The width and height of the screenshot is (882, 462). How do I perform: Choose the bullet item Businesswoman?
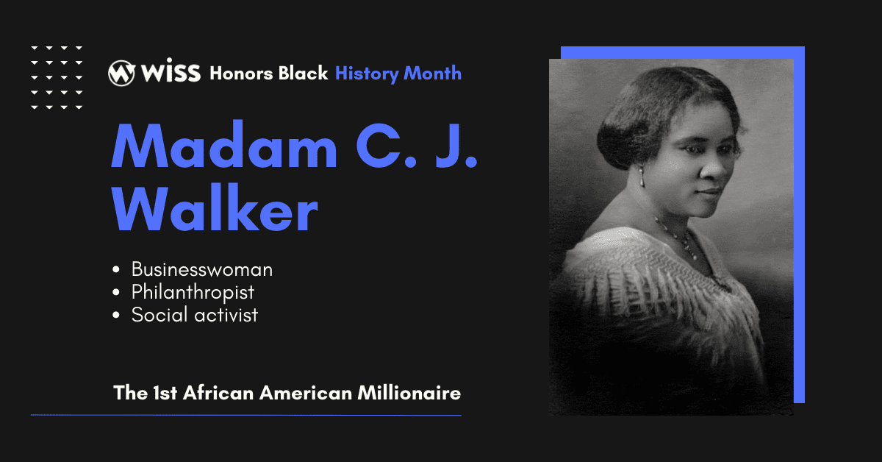202,270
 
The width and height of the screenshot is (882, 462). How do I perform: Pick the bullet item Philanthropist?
193,293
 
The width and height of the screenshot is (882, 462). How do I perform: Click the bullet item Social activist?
196,316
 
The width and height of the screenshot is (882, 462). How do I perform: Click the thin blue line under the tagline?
245,416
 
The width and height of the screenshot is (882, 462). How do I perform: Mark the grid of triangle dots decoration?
57,77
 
